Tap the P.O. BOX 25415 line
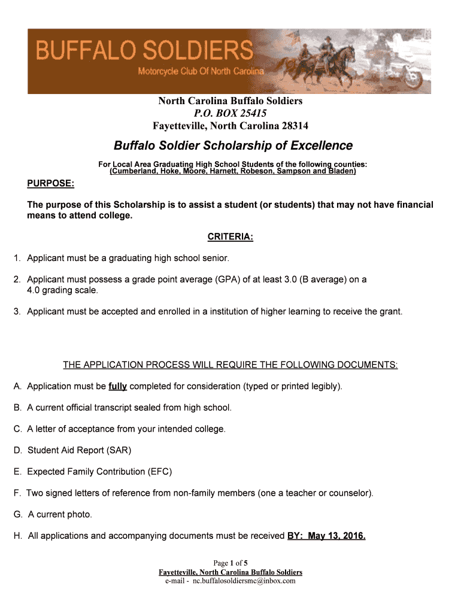coord(230,113)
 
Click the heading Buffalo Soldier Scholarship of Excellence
coord(233,145)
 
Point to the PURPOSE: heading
coord(51,182)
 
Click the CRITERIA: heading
coord(230,237)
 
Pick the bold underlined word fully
coord(117,386)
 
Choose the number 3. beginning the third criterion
coord(18,311)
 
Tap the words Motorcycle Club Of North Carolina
coord(200,72)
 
